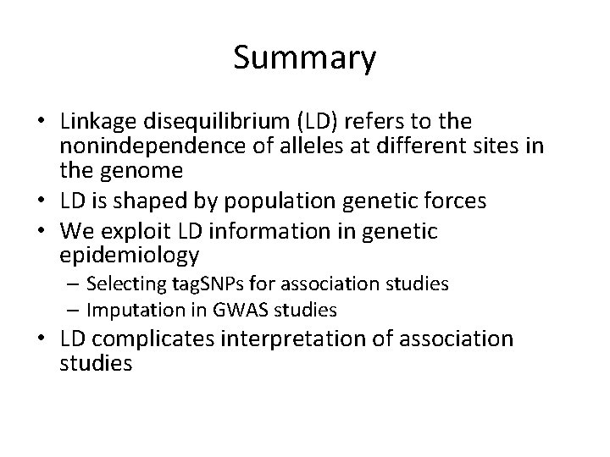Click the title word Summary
point(305,58)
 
